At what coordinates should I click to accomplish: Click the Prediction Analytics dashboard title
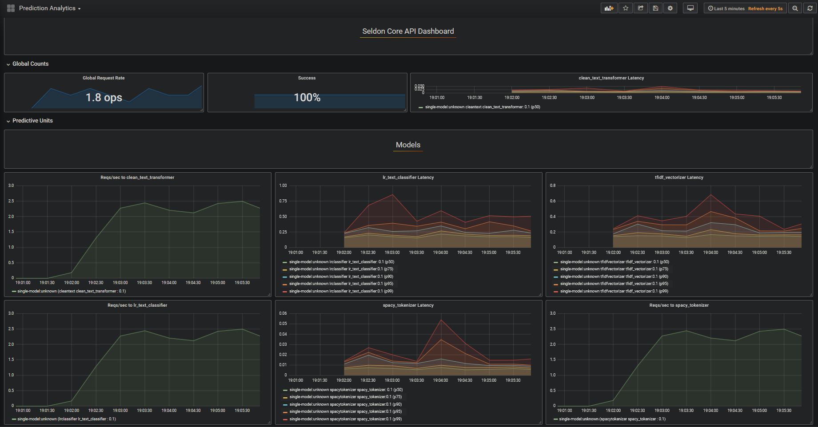pos(47,8)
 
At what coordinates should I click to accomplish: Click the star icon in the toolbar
pos(626,8)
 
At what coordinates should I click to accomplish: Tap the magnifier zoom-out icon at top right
pos(795,8)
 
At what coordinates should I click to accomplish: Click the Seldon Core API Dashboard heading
pos(408,31)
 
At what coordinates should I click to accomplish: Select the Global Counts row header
pos(30,64)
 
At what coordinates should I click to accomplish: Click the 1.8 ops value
pos(104,98)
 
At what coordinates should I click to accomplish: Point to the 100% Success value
pos(307,98)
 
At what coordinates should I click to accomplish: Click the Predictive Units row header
pos(32,121)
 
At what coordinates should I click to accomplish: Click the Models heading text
pos(408,145)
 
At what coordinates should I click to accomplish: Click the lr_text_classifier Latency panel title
pos(408,178)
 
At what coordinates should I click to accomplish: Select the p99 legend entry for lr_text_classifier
pos(341,291)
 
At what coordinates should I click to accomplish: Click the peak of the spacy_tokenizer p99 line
pos(441,320)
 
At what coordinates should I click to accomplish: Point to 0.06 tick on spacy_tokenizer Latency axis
pos(283,313)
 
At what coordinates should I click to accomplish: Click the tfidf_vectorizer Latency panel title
pos(678,178)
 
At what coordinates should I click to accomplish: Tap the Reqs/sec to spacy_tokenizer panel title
pos(678,305)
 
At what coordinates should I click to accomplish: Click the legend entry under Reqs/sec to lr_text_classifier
pos(66,419)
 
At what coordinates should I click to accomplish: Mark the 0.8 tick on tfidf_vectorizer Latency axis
pos(553,186)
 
